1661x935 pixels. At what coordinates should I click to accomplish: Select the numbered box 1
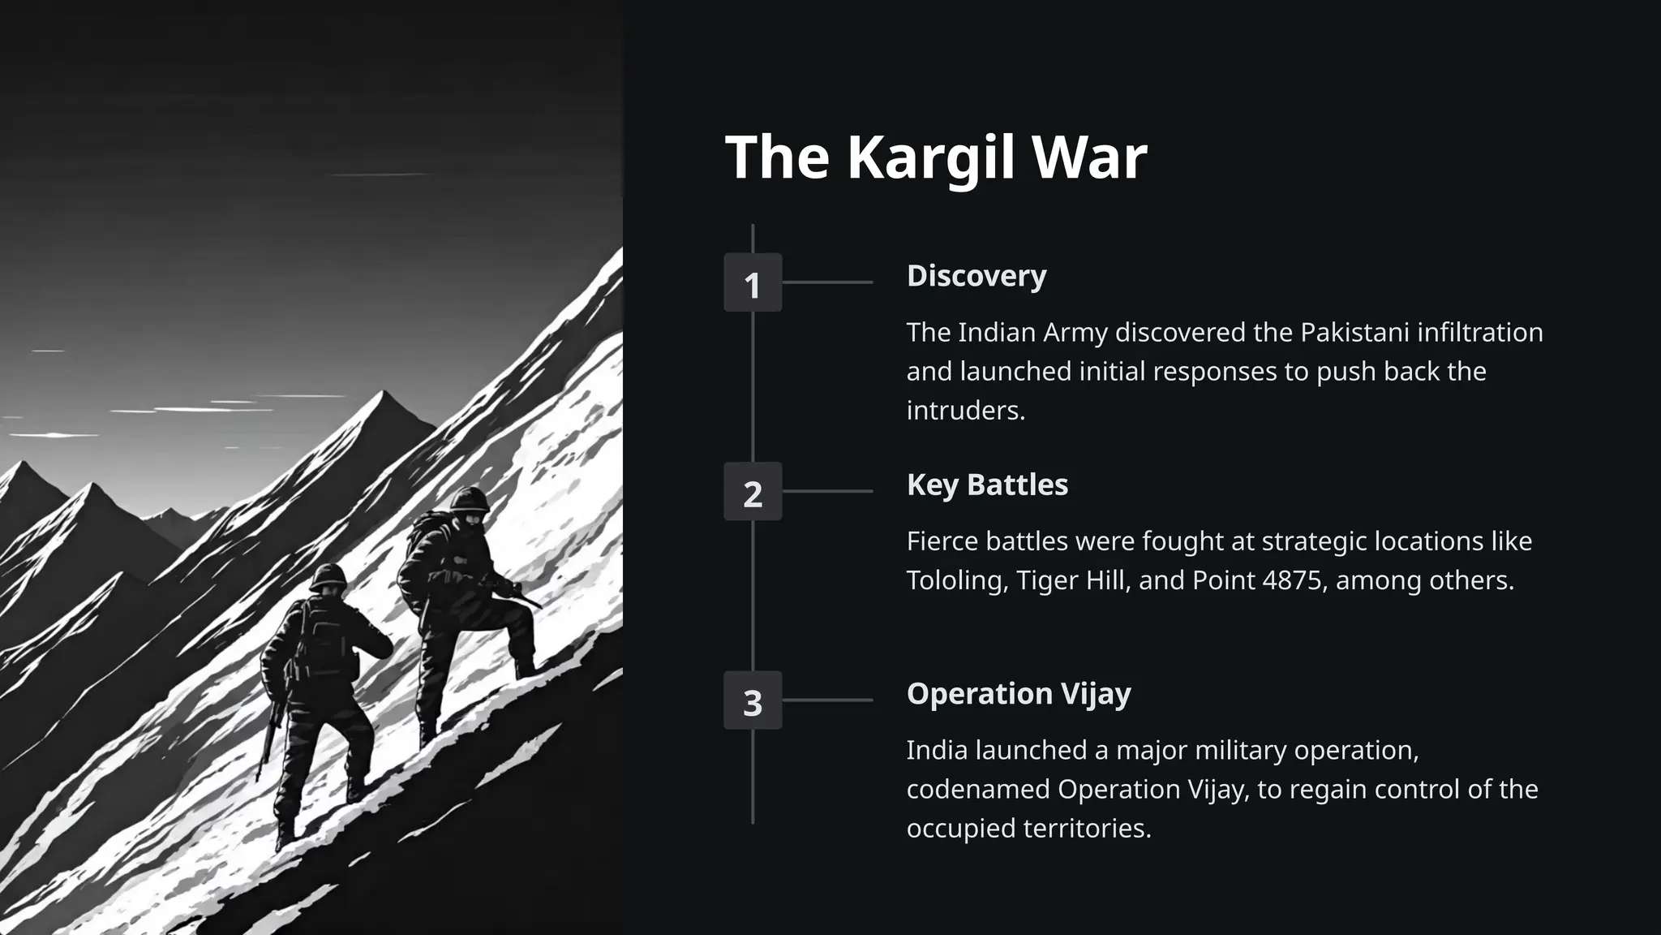(753, 283)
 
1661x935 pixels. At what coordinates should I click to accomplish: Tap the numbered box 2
(753, 492)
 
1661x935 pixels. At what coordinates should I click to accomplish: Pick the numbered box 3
(753, 700)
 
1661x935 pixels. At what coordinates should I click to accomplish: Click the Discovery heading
(976, 276)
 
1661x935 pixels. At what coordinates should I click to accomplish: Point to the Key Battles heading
(987, 485)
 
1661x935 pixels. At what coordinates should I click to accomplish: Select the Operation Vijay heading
(1019, 694)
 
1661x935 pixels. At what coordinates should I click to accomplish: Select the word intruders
(965, 411)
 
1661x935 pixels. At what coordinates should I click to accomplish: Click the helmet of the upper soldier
(470, 499)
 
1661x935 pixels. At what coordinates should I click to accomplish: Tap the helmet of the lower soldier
(328, 575)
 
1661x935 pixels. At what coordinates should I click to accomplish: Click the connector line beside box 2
(827, 491)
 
